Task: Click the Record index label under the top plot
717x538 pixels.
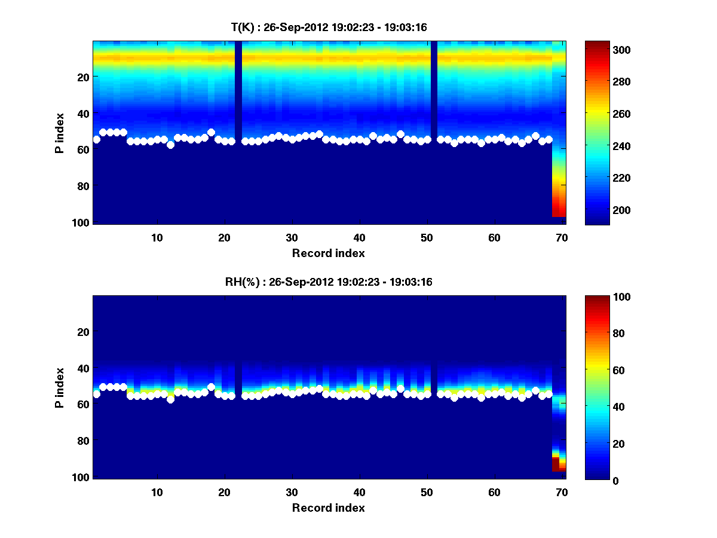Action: click(328, 253)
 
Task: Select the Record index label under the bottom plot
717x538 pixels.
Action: click(328, 508)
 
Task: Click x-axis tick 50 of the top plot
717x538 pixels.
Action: click(427, 237)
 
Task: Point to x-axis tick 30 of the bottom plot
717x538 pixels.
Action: click(292, 492)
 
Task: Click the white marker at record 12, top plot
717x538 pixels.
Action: click(170, 145)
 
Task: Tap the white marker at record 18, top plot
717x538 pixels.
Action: click(211, 132)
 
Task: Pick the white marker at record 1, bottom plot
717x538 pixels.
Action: click(96, 394)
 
